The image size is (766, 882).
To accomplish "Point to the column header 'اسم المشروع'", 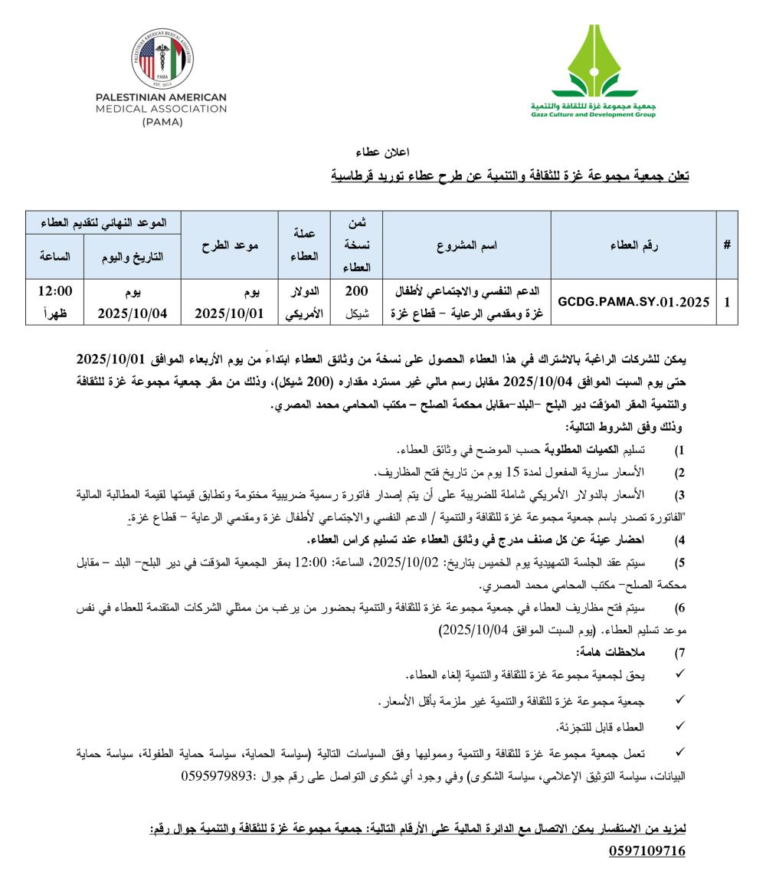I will point(466,245).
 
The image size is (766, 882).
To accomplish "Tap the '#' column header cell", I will point(726,245).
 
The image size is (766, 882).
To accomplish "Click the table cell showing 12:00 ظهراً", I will point(54,302).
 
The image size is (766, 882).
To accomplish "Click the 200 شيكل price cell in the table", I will point(355,302).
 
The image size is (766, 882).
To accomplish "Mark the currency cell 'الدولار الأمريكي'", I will point(304,302).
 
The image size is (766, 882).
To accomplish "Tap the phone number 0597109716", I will point(647,851).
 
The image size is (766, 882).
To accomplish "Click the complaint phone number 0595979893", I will point(218,775).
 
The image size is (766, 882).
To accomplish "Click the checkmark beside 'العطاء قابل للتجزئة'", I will point(679,724).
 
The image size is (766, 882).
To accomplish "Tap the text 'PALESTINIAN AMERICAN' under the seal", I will point(161,97).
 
